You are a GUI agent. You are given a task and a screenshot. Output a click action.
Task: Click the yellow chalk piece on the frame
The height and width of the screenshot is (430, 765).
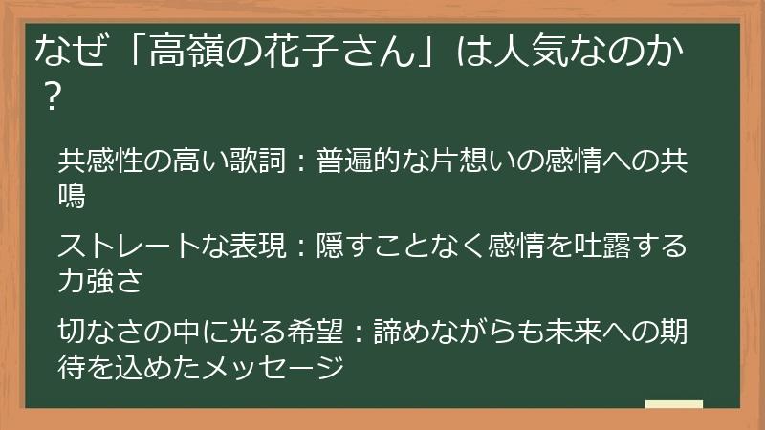673,405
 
